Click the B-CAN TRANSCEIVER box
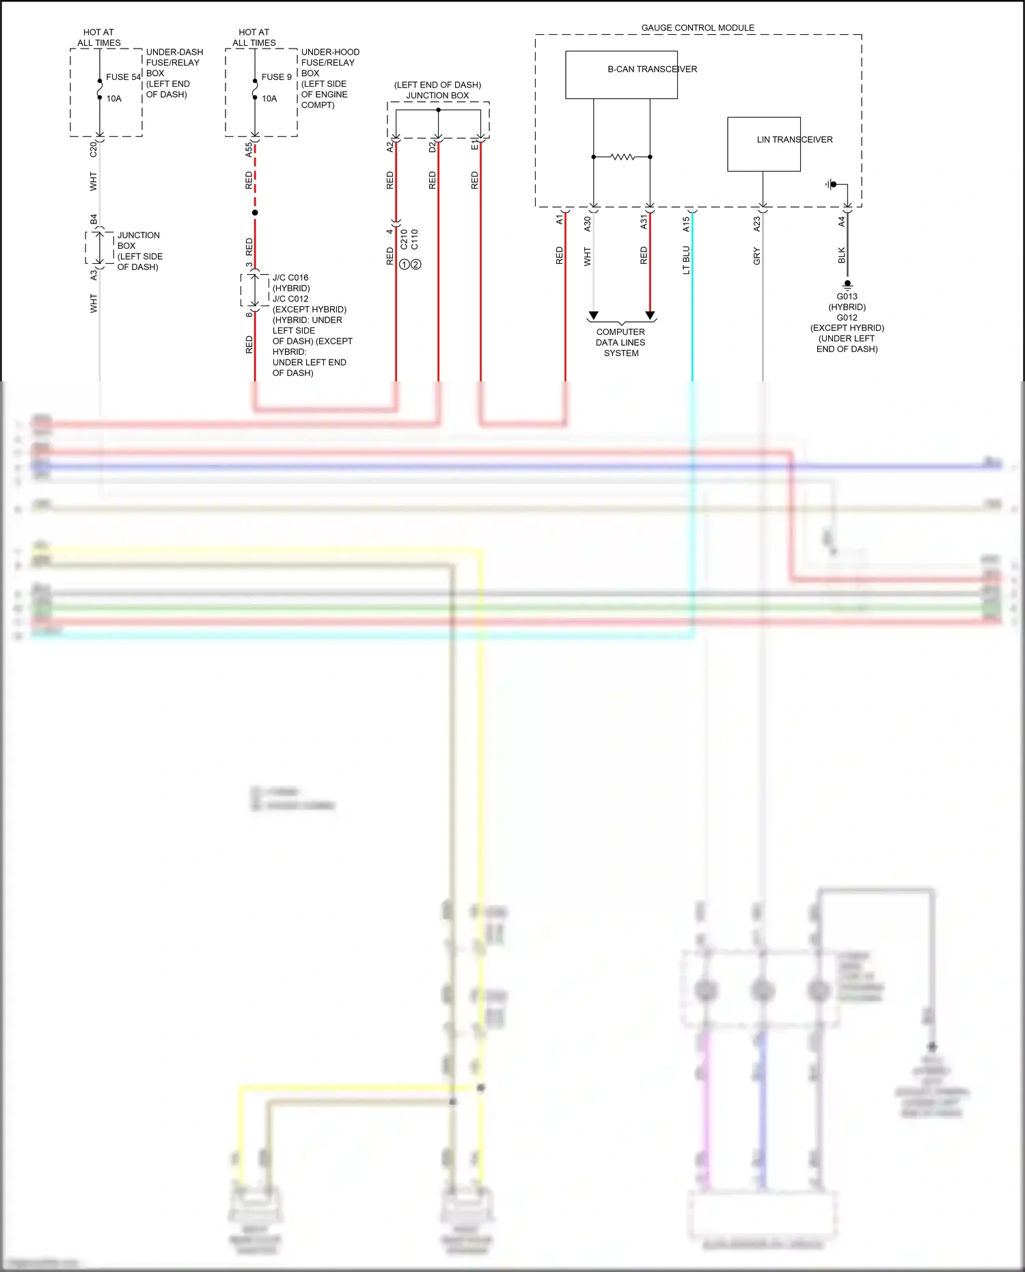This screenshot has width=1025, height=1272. [x=621, y=75]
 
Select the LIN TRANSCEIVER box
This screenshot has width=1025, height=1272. [x=763, y=144]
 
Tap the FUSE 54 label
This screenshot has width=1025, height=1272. [x=123, y=77]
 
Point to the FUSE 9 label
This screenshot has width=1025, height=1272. [x=276, y=77]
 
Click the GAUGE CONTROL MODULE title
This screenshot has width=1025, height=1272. [x=698, y=28]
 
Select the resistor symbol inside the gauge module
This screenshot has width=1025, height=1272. [x=622, y=157]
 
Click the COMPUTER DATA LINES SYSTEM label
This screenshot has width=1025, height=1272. [x=620, y=342]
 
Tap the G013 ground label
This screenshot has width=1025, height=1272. [x=847, y=297]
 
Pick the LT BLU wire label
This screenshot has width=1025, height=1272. [x=686, y=260]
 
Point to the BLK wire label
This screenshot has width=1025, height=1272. [x=841, y=256]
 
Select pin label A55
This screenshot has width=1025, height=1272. [x=249, y=150]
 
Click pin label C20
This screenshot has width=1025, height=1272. [x=94, y=150]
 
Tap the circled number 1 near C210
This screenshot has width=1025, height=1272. [x=405, y=265]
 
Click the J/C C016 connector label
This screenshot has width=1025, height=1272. [x=290, y=278]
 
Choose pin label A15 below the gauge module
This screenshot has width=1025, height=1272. [x=686, y=224]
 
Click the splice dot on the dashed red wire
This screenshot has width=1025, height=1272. [x=255, y=213]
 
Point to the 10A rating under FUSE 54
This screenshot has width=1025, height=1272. [x=113, y=98]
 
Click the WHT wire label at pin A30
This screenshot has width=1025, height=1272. [x=587, y=257]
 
